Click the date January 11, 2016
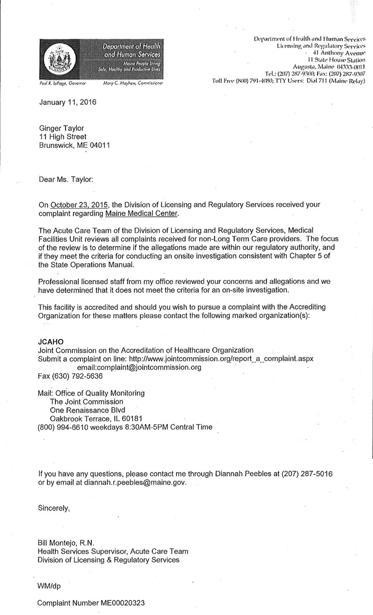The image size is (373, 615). pos(68,102)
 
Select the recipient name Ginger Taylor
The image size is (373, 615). pos(62,128)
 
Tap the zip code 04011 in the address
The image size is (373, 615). pos(100,145)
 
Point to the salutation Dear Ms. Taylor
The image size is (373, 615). pos(66,179)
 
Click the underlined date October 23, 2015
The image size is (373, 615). pos(79,205)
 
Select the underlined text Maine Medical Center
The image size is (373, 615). pos(142,213)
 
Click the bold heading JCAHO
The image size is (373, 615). pos(51,342)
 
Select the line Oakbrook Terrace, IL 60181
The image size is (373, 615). pos(96,419)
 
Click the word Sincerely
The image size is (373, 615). pos(54,508)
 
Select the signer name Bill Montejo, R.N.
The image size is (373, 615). pos(66,543)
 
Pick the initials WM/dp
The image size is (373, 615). pos(49,586)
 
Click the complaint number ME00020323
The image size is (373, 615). pos(122,603)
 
